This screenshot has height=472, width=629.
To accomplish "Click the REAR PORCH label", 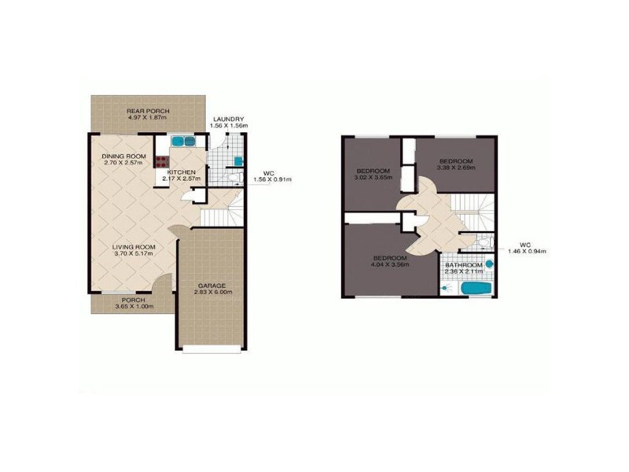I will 148,112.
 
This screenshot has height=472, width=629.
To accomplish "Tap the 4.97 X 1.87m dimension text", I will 148,120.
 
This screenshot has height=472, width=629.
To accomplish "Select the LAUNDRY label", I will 229,119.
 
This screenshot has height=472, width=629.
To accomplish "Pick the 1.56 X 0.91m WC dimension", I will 271,179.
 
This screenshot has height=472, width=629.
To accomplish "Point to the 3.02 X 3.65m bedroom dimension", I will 373,179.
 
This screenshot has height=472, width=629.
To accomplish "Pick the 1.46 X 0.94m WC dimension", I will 526,251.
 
